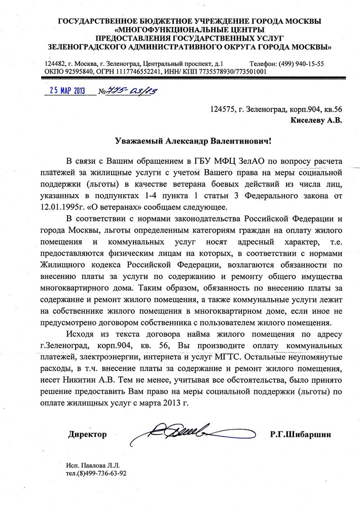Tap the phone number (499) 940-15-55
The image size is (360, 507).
300,64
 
